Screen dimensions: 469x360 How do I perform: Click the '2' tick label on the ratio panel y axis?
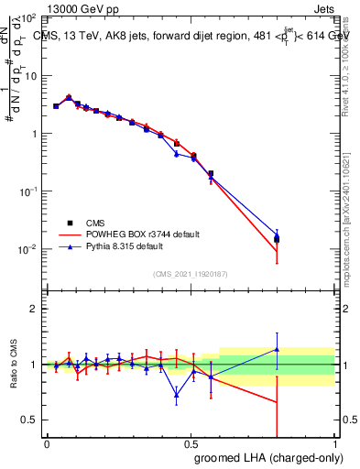click(x=34, y=309)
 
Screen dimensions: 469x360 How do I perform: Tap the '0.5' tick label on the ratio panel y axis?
click(x=29, y=420)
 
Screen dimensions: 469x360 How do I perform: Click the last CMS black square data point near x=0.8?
click(x=277, y=239)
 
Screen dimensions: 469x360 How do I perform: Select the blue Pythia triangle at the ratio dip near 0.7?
click(x=176, y=396)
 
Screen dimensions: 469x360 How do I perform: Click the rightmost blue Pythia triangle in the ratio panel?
click(x=277, y=349)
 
